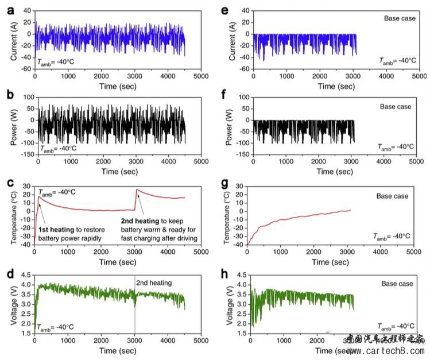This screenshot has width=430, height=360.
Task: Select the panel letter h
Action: pyautogui.click(x=225, y=273)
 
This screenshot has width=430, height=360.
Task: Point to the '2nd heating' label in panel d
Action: pyautogui.click(x=154, y=282)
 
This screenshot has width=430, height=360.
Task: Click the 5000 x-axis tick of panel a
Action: pyautogui.click(x=200, y=76)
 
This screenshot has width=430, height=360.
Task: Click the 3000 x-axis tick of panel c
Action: pyautogui.click(x=134, y=253)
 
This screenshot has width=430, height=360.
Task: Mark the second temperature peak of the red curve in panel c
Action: pyautogui.click(x=137, y=189)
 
